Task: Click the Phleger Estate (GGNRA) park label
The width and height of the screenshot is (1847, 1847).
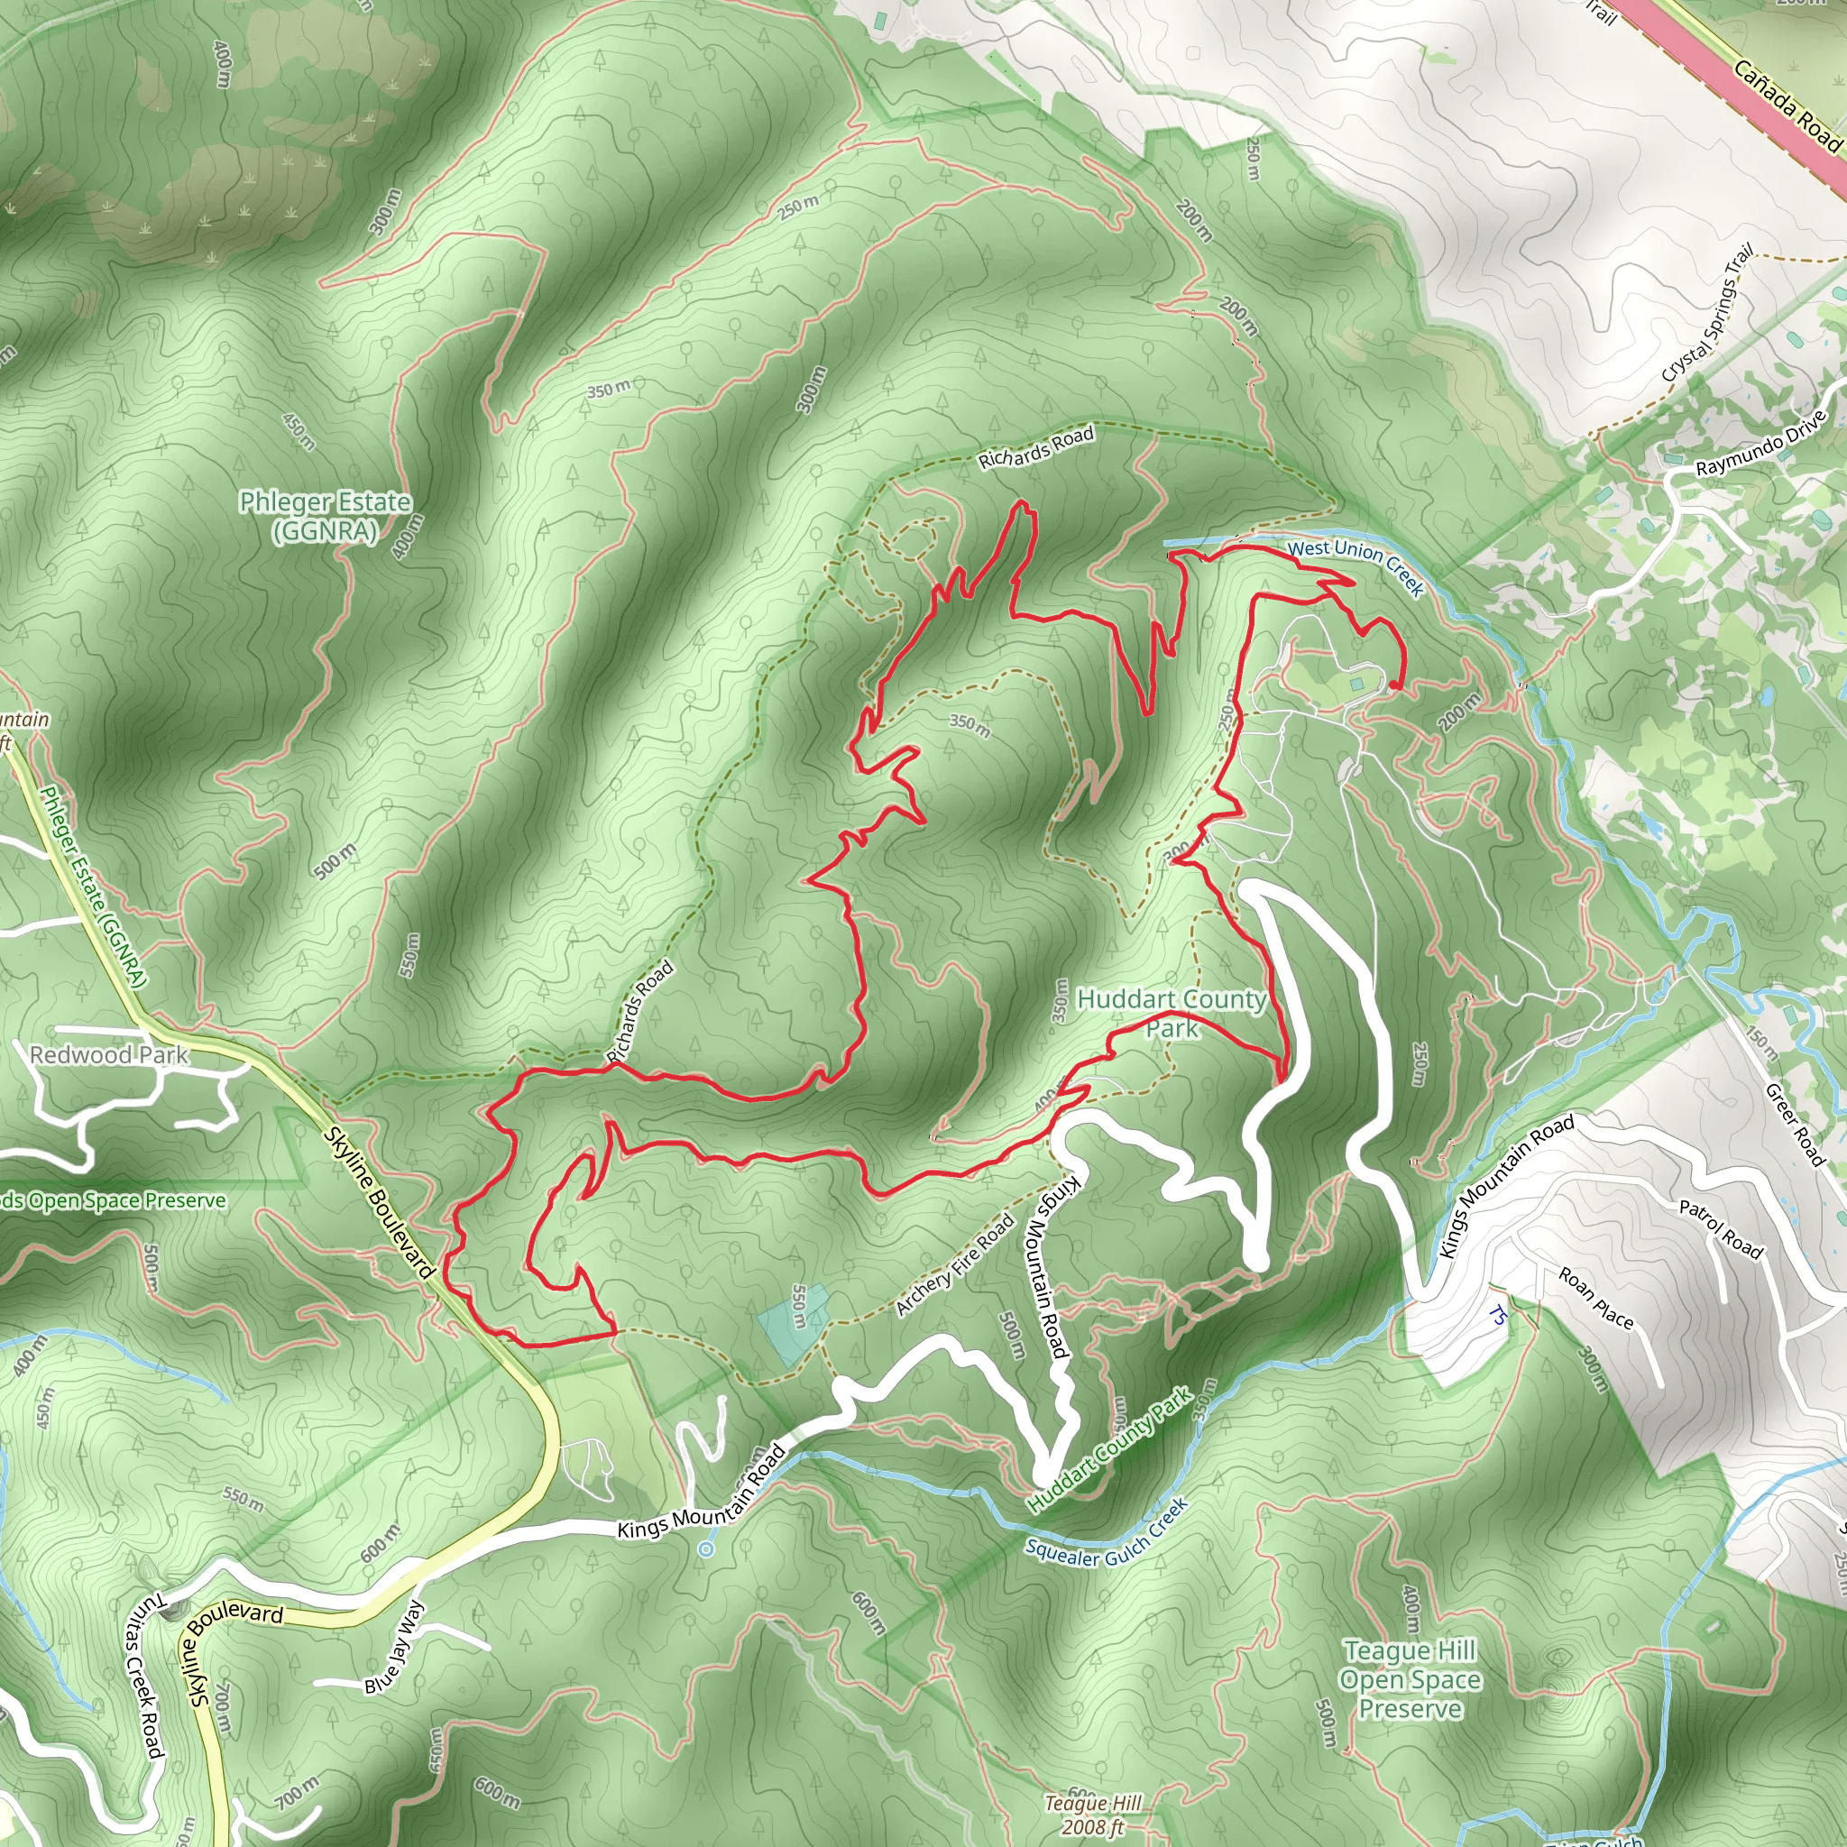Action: (325, 516)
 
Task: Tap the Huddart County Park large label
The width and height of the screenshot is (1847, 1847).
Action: (1172, 1014)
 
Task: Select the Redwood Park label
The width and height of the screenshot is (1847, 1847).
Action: (109, 1054)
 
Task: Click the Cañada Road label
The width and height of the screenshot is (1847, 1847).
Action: (1785, 106)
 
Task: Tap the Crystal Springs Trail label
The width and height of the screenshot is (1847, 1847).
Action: (1706, 314)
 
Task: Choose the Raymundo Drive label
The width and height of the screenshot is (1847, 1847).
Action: (1761, 443)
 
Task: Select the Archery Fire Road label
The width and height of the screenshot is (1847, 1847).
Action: (954, 1264)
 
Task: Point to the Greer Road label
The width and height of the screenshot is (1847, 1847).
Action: (1796, 1124)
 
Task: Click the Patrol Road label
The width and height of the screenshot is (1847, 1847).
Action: (1721, 1228)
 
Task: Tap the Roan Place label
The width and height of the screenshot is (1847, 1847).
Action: (1596, 1297)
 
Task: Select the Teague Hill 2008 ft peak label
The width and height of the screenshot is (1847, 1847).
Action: (1094, 1815)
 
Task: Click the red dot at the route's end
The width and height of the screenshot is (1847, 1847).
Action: (1395, 685)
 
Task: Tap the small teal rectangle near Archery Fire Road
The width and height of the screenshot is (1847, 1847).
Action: (792, 1324)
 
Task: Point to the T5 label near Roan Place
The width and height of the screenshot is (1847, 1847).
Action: (1498, 1317)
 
